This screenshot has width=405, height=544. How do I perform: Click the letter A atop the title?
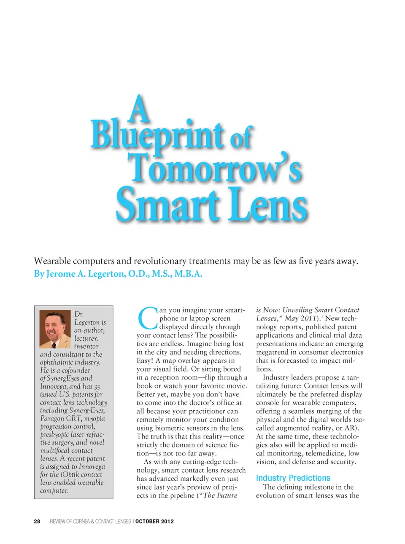click(140, 109)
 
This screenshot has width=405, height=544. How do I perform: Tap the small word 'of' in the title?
click(241, 137)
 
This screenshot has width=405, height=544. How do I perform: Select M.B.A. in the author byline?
click(188, 274)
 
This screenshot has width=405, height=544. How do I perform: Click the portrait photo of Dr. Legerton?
click(55, 329)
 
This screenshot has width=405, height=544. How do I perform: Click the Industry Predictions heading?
click(293, 478)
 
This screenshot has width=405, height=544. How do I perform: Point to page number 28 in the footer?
click(37, 522)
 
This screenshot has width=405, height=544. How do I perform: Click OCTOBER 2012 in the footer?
click(154, 522)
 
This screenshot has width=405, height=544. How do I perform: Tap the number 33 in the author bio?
click(97, 387)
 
